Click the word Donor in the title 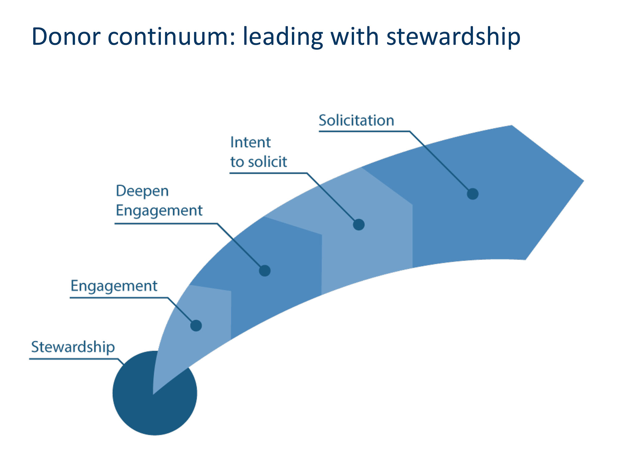66,37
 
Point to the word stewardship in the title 453,37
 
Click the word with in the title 355,36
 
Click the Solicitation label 356,120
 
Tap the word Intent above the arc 250,143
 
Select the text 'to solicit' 259,162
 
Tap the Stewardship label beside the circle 73,347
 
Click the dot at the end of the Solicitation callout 473,194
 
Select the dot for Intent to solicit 359,225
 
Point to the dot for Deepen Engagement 265,271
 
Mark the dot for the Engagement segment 196,325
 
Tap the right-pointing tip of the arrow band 584,181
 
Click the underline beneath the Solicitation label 364,131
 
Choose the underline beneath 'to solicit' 268,173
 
